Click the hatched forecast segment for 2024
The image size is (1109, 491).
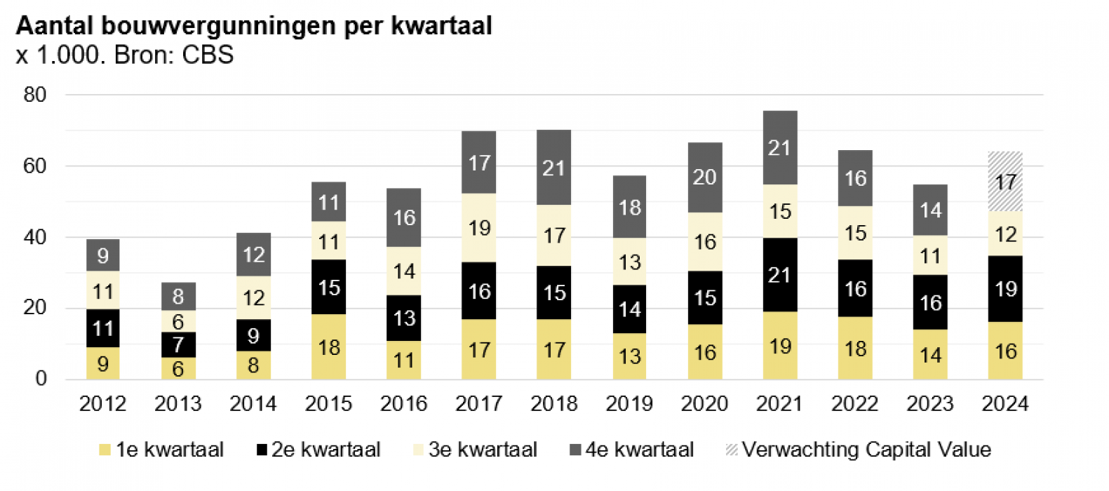click(1004, 182)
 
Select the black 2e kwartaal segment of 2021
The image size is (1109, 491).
click(779, 275)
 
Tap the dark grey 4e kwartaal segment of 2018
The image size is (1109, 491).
click(553, 168)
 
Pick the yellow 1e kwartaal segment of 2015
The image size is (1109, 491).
click(328, 347)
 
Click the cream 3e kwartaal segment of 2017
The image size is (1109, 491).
click(478, 228)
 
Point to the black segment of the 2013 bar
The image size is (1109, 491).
click(178, 344)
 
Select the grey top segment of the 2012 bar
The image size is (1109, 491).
click(103, 255)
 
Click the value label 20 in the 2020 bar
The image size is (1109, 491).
click(704, 177)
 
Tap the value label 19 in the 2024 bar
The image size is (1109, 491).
click(1005, 289)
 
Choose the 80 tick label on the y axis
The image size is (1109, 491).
click(35, 95)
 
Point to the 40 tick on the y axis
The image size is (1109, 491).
click(35, 237)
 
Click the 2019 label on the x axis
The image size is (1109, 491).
click(629, 404)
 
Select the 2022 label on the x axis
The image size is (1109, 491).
click(854, 404)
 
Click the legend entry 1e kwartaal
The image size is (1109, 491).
click(169, 450)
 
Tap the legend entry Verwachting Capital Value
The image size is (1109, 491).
click(866, 450)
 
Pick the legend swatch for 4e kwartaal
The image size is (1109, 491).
click(575, 450)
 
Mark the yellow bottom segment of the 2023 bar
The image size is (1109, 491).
click(930, 354)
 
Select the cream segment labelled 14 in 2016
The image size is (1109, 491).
click(404, 271)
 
